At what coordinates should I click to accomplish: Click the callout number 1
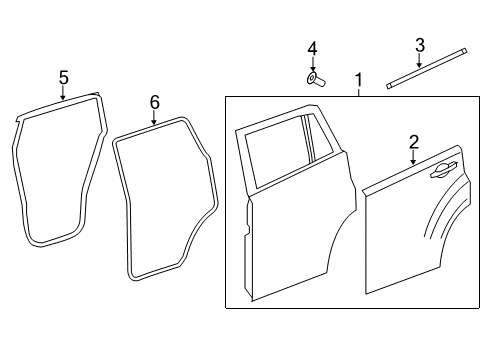click(x=358, y=80)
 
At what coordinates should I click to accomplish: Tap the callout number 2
click(x=413, y=143)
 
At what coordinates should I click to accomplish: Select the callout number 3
click(x=420, y=45)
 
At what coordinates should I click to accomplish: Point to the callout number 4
click(x=312, y=49)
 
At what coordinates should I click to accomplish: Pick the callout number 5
click(x=63, y=77)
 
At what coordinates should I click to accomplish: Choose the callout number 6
click(x=154, y=102)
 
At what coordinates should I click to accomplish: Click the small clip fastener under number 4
click(x=312, y=77)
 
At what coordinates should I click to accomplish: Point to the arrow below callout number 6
click(x=154, y=119)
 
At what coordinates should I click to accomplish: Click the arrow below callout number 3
click(x=420, y=61)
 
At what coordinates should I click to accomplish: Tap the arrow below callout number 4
click(x=312, y=64)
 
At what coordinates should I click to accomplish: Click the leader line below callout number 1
click(x=358, y=91)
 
